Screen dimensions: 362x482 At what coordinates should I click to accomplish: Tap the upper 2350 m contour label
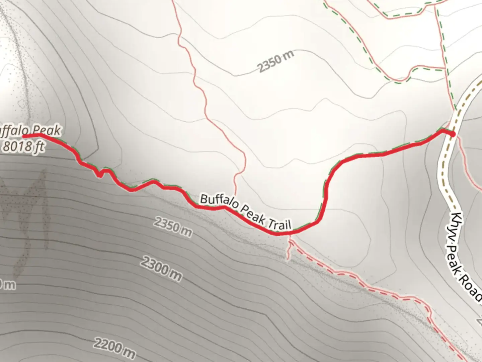[276, 62]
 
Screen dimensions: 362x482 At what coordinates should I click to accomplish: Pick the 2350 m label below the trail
[173, 227]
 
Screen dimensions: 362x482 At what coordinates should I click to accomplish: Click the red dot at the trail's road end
[453, 134]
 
